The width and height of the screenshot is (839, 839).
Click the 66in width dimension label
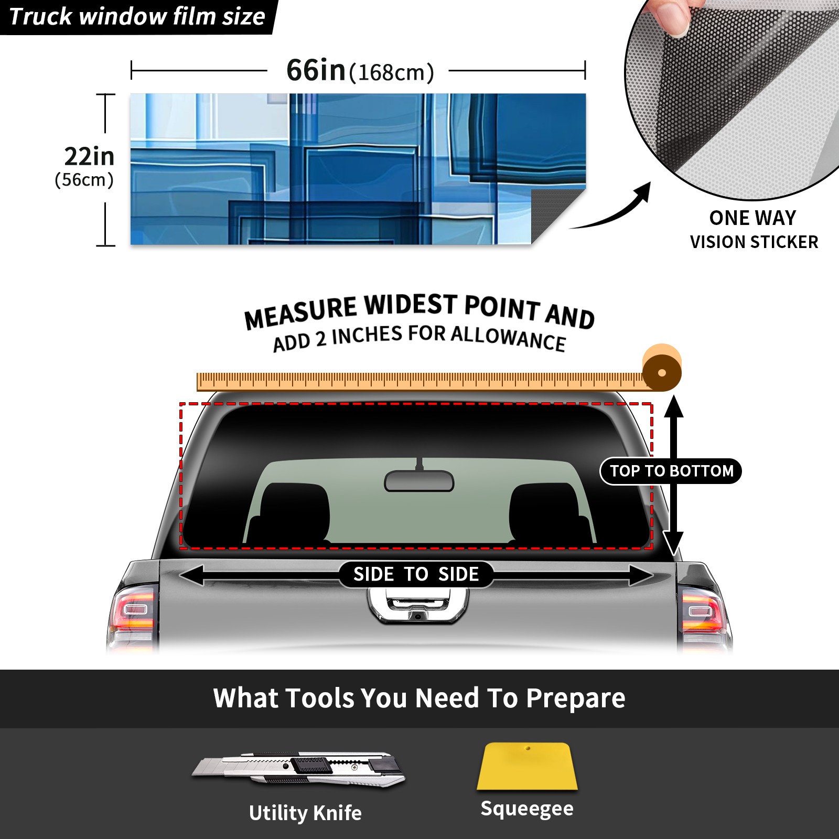coord(316,70)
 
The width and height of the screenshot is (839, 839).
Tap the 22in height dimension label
coord(89,156)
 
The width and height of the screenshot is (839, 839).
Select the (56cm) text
coord(84,180)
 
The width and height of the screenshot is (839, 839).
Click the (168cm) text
coord(392,72)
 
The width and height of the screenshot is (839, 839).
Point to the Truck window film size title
coord(137,16)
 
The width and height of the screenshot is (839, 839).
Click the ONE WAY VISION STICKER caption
coord(754,230)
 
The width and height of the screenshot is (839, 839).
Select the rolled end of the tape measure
coord(662,368)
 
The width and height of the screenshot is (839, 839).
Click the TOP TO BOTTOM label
coord(671,471)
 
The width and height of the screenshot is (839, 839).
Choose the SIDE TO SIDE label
coord(416,574)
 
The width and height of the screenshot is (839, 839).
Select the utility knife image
coord(298,770)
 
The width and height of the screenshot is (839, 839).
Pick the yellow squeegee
coord(527,766)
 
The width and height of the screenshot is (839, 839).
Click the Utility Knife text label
coord(305,813)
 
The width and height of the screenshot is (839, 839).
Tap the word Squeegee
coord(527,809)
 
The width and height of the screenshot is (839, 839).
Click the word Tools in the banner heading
coord(319,698)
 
